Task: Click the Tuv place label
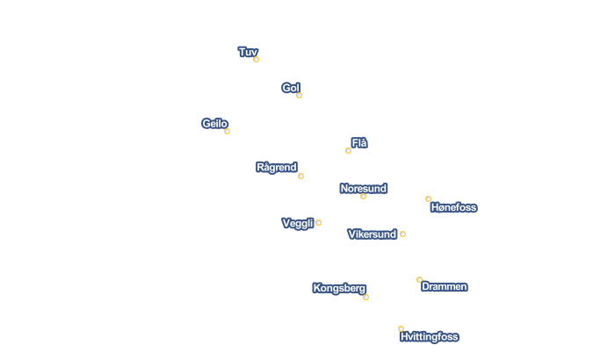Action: coord(248,52)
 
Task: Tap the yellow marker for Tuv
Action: coord(257,60)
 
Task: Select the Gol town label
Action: coord(291,88)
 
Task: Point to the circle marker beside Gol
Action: coord(300,96)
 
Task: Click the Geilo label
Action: coord(214,124)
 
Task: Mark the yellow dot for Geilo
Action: coord(227,132)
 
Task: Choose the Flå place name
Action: coord(359,143)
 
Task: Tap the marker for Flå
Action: coord(348,151)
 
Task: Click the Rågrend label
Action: coord(277,168)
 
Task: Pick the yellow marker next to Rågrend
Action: coord(300,176)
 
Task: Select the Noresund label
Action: coord(364,189)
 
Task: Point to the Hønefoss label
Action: coord(454,207)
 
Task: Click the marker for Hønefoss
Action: coord(429,199)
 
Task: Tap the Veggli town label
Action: coord(298,224)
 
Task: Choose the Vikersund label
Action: coord(373,234)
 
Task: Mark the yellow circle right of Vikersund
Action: coord(402,234)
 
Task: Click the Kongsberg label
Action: coord(339,288)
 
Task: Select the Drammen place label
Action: coord(445,286)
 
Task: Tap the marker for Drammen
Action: coord(420,280)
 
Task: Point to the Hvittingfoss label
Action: coord(430,337)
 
